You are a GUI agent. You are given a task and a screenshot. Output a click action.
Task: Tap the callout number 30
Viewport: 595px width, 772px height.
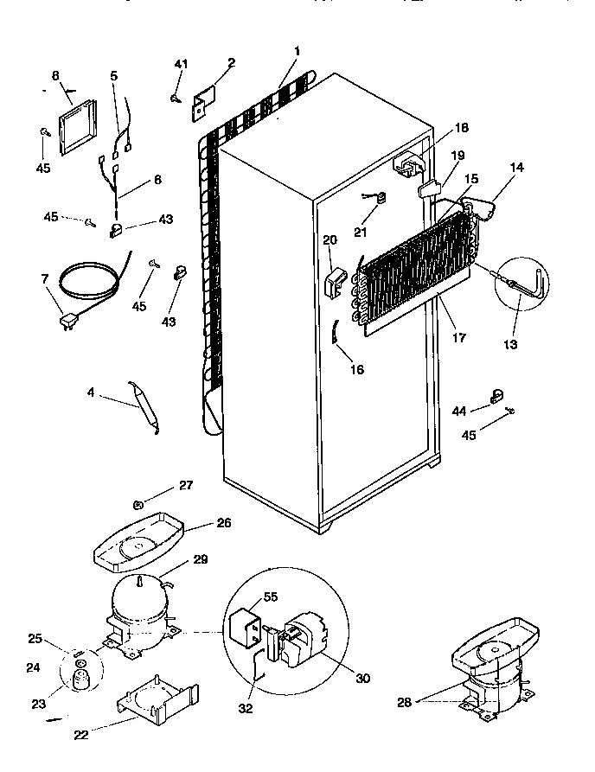click(x=362, y=679)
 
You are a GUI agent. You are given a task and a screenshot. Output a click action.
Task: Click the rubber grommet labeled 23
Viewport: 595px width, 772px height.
click(x=82, y=682)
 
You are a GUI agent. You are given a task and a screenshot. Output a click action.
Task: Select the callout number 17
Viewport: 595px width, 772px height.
click(x=459, y=338)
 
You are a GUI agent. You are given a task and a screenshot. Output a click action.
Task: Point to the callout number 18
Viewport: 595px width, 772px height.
click(x=462, y=128)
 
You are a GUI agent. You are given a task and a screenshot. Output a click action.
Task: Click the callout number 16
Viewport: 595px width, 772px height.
click(x=357, y=370)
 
